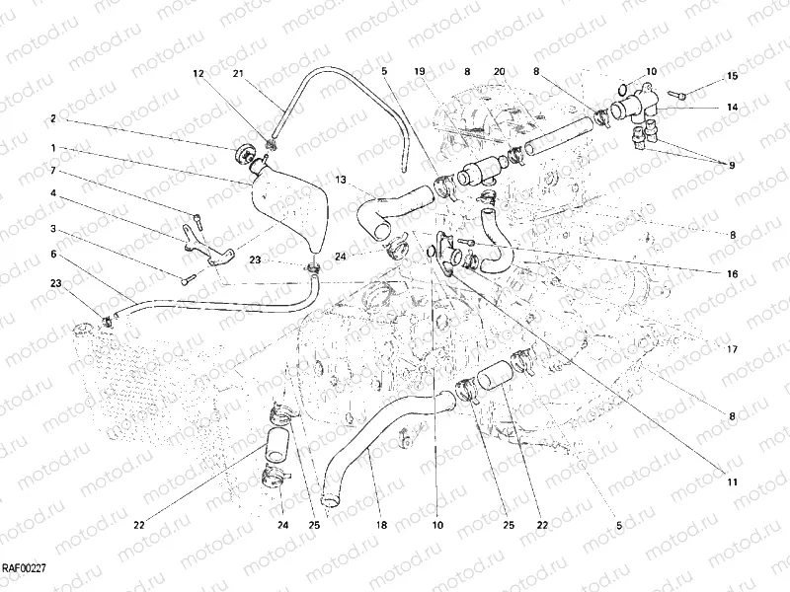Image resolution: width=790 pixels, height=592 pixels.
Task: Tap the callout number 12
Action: point(197,74)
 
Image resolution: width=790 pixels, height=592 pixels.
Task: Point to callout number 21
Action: point(238,74)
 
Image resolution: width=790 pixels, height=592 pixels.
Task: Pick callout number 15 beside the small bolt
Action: point(732,76)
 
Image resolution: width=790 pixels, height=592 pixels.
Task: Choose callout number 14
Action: point(732,106)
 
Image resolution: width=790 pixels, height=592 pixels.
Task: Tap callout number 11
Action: point(732,481)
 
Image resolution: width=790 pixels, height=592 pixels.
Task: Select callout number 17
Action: point(732,348)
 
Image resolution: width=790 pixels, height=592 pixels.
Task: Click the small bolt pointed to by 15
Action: point(681,94)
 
